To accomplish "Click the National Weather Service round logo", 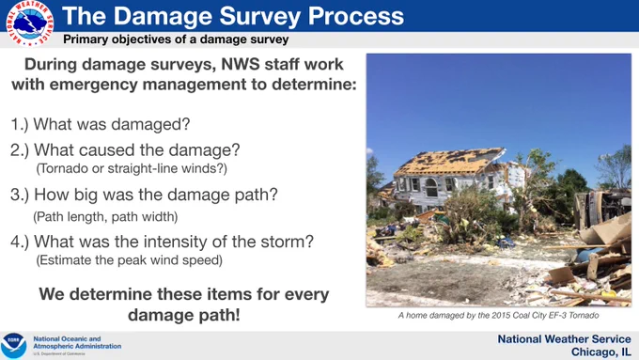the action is pos(30,23).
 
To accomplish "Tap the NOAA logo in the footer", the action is pos(13,345).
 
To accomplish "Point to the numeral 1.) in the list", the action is pos(20,124).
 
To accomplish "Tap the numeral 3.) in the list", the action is pos(20,195).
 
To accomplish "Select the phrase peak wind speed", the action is pos(178,260).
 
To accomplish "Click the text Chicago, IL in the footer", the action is pos(600,352).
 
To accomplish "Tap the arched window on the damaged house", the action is pos(431,187).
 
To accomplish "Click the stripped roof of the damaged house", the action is pos(449,162).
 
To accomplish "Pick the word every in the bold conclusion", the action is pos(306,294).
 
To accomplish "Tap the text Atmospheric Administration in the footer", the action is pos(77,346).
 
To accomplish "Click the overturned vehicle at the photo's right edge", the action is pos(602,209).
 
